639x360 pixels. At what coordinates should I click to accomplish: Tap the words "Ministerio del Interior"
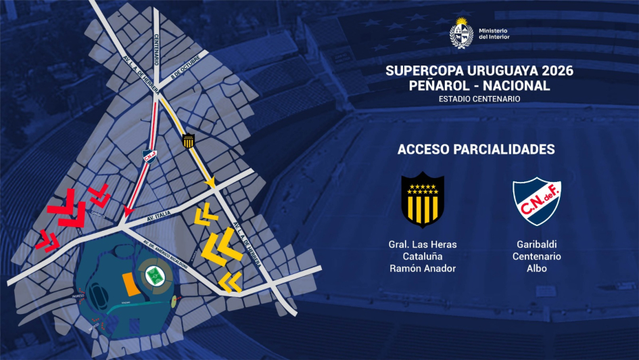[494, 35]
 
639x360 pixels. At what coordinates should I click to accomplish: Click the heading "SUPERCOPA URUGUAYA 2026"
[479, 71]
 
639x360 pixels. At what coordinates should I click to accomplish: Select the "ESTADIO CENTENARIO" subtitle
[479, 99]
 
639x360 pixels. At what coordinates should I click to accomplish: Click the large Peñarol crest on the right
[423, 200]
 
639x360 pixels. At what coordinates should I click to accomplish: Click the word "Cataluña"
[423, 256]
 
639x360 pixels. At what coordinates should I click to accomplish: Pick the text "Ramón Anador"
[423, 268]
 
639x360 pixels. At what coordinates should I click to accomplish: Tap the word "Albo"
[536, 268]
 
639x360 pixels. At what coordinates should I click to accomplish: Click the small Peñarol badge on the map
[189, 141]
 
